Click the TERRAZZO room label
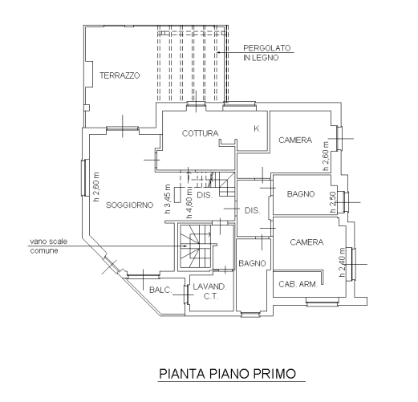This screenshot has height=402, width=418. [x=120, y=75]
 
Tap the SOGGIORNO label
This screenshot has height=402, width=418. [x=130, y=205]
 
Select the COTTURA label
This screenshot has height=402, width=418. [x=200, y=133]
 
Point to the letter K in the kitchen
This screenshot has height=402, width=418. [x=257, y=128]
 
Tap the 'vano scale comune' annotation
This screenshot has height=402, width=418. [x=48, y=246]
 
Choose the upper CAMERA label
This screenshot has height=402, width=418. [x=295, y=140]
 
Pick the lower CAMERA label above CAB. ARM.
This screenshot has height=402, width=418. [x=306, y=242]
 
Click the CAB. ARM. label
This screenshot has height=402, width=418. [x=298, y=284]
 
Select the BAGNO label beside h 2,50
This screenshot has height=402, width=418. [x=301, y=194]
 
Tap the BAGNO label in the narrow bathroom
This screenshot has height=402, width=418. [x=252, y=263]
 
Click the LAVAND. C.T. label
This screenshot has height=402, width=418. [x=210, y=291]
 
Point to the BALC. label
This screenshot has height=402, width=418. [x=160, y=290]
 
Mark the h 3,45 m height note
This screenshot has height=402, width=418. [x=168, y=199]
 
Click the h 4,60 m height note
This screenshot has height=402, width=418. [x=189, y=203]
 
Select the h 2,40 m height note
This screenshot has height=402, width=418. [x=342, y=262]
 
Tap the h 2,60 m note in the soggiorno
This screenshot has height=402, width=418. [x=96, y=187]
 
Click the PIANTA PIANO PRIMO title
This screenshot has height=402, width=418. [x=228, y=374]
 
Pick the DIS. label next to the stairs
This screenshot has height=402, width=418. [x=205, y=195]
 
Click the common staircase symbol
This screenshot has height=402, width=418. [x=196, y=246]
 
